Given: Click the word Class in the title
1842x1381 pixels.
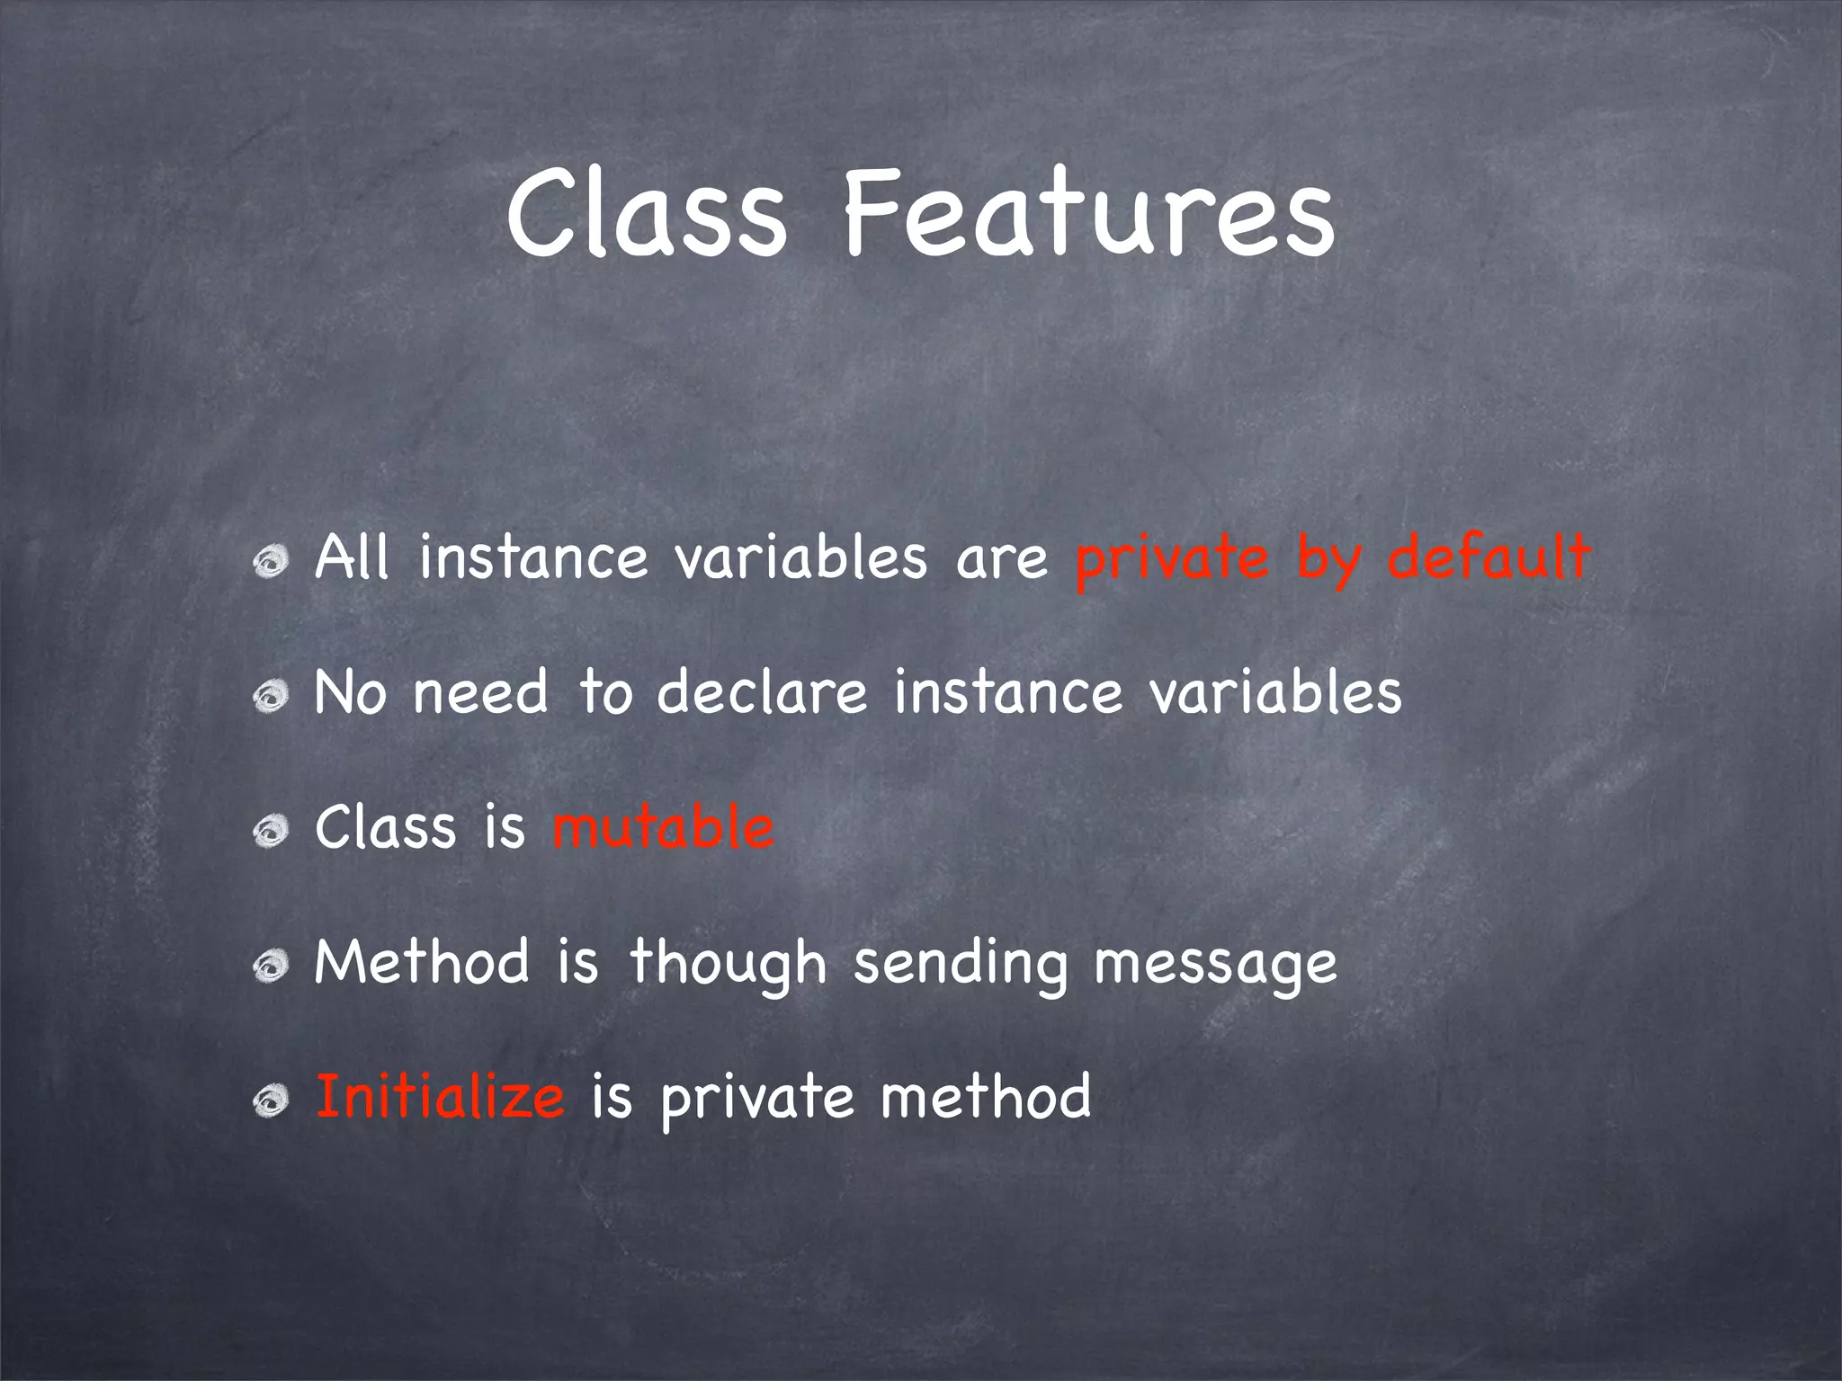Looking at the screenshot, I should tap(646, 216).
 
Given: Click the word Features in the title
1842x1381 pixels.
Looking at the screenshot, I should tap(1088, 216).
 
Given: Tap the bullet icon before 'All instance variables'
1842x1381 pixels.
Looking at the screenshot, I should tap(271, 563).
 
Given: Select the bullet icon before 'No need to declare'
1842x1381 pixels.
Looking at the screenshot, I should tap(271, 697).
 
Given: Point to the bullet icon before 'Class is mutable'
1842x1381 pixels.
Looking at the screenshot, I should tap(271, 832).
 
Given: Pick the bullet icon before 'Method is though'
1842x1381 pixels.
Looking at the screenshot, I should tap(271, 967).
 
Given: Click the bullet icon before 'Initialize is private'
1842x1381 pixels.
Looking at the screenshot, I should tap(271, 1101).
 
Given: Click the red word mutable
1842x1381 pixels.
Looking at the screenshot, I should tap(663, 827).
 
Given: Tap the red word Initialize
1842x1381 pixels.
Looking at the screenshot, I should tap(440, 1097).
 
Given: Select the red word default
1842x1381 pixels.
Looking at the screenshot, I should tap(1489, 557).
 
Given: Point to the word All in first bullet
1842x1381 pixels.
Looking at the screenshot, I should tap(352, 557).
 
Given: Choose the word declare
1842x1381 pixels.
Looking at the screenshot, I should tap(762, 692).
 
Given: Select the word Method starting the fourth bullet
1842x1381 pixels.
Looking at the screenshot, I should tap(422, 962).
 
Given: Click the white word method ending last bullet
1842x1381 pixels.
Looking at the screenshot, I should tap(986, 1097).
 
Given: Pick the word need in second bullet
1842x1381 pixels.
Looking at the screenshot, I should tap(480, 692).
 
